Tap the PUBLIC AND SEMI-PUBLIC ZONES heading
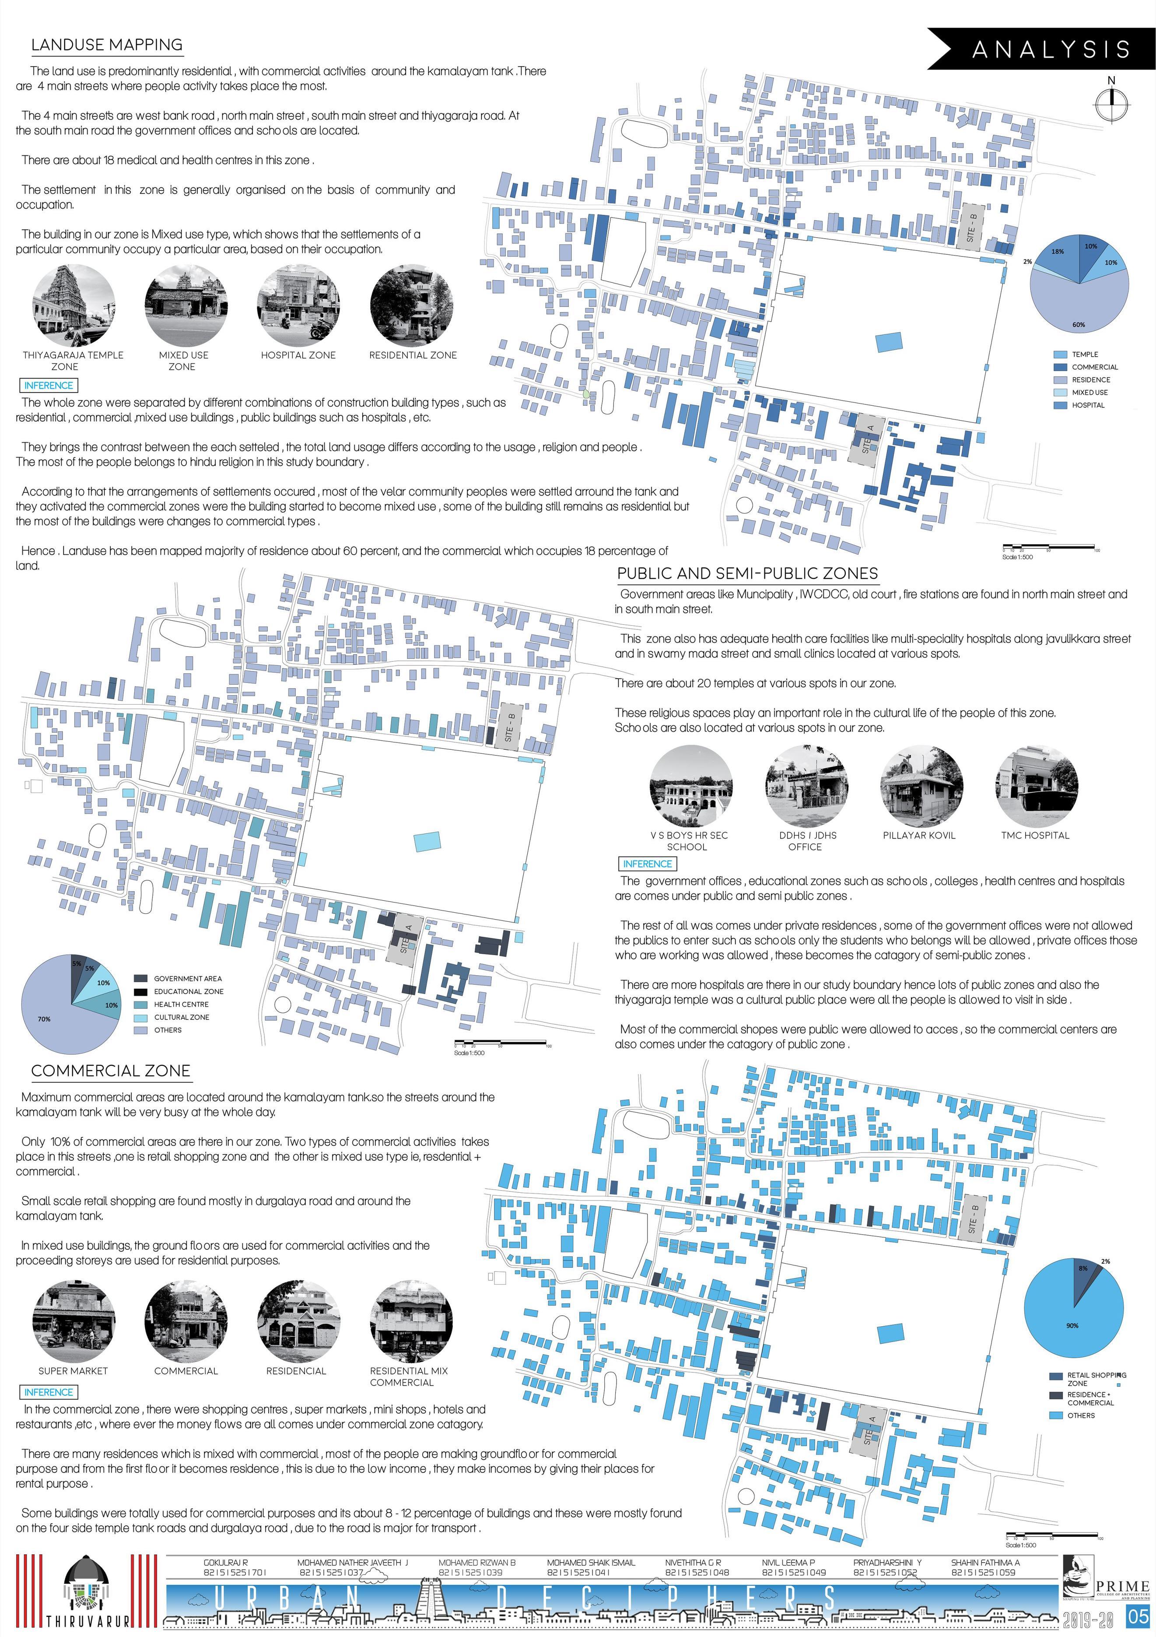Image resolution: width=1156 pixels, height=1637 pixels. pos(747,573)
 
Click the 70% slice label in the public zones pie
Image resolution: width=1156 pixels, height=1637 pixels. pos(44,1019)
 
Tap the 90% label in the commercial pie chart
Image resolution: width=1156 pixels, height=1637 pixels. pos(1072,1325)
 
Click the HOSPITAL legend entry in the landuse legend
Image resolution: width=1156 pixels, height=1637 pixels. pos(1088,405)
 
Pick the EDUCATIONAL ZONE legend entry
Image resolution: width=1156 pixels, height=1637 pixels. pos(188,991)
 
